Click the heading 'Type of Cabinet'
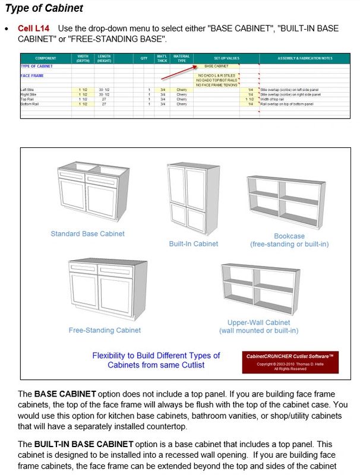[x=44, y=9]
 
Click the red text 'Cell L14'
[x=34, y=28]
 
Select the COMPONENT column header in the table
[x=46, y=58]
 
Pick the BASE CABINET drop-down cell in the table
[x=216, y=66]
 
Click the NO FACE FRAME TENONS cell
[x=216, y=85]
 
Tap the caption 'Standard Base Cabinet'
[x=87, y=234]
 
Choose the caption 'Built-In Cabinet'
[x=193, y=243]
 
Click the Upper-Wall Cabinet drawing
[x=258, y=290]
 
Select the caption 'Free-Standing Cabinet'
[x=105, y=330]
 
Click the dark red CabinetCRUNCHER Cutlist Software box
[x=290, y=362]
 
